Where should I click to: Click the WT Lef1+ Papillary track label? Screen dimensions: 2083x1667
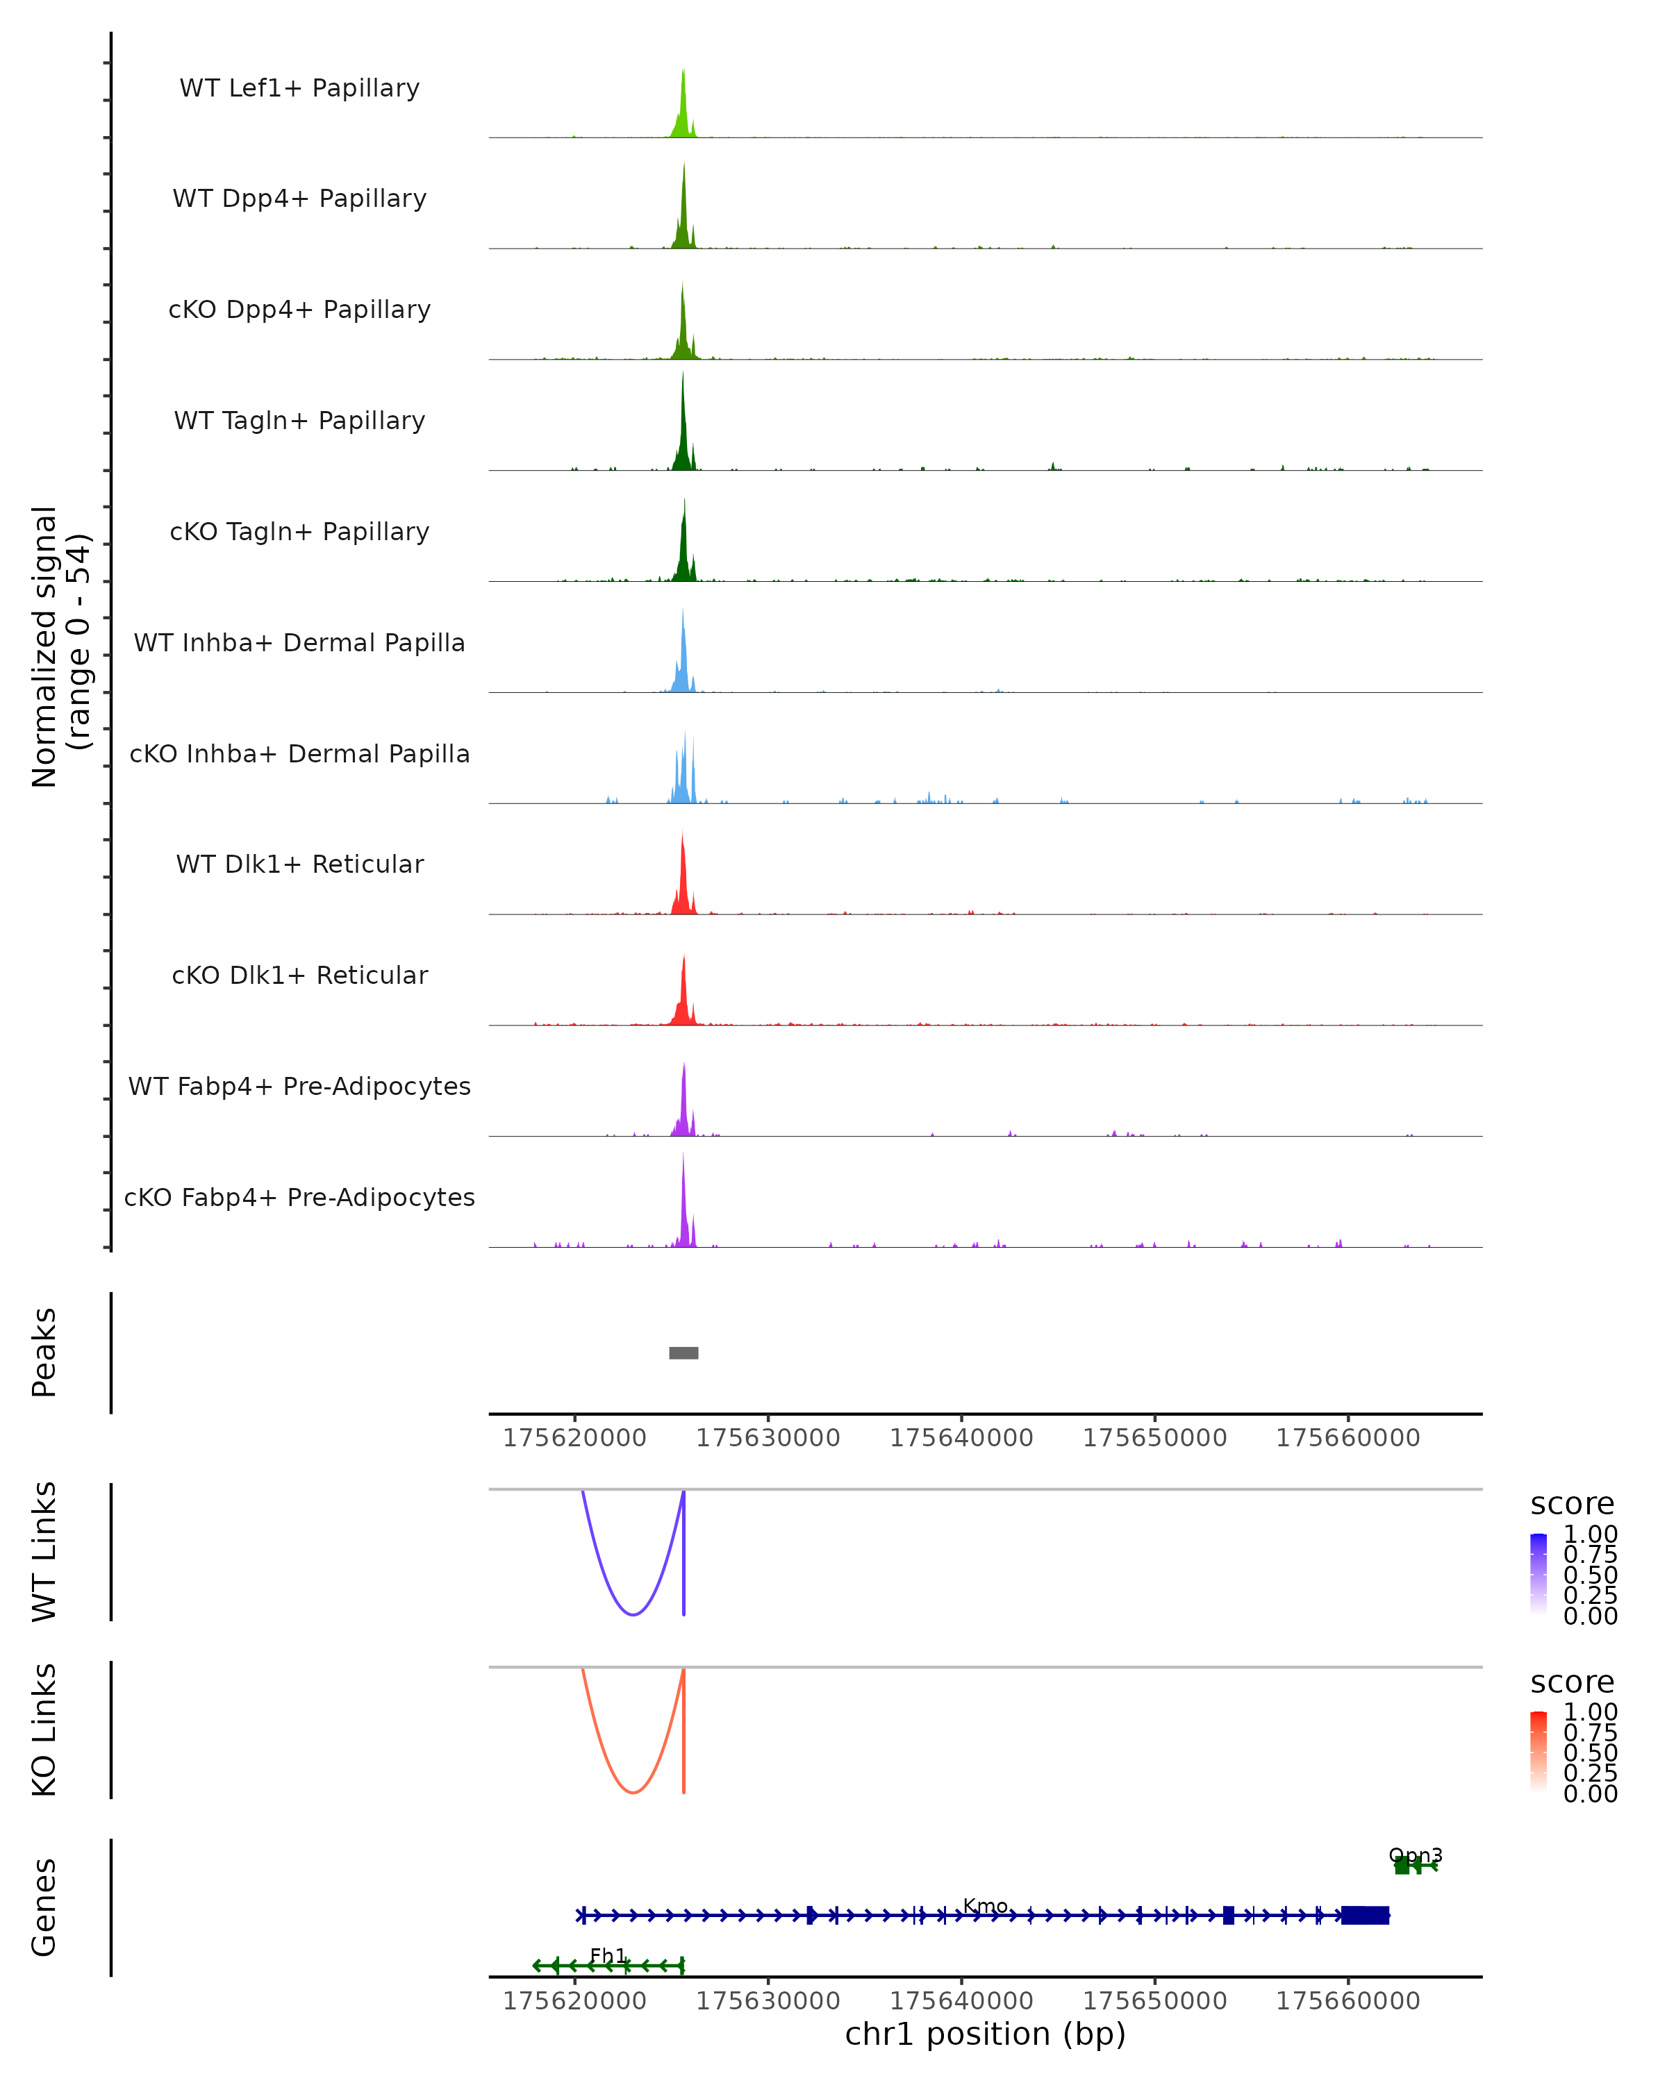pos(299,88)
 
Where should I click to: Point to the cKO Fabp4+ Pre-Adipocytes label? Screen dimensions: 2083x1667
pos(299,1197)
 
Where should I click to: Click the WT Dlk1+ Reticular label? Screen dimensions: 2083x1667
pos(299,864)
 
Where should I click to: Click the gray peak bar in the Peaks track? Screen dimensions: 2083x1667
pos(683,1353)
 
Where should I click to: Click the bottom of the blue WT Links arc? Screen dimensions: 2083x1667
pos(632,1614)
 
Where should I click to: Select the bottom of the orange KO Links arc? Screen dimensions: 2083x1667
pos(632,1792)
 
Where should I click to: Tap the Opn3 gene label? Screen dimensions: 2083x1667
pos(1415,1856)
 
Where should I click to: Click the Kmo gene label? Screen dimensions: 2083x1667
pos(985,1906)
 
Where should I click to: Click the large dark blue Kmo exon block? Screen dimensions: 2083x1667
pos(1365,1915)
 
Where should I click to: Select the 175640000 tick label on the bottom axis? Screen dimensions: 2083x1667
pos(961,2000)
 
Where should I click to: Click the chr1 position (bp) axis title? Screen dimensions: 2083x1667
pos(985,2034)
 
